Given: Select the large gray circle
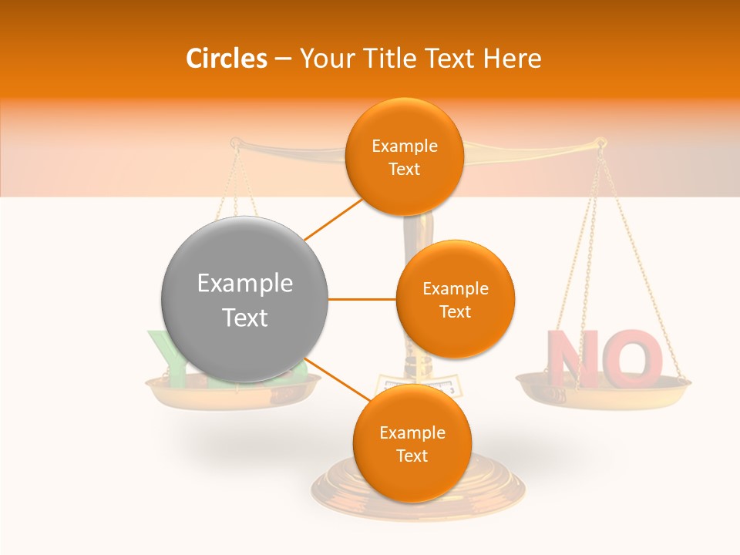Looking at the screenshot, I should (244, 299).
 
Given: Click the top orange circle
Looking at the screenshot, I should (404, 156).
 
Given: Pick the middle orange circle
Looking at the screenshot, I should (455, 299).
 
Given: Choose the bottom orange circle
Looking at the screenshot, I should (412, 443).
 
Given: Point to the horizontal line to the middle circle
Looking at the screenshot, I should (362, 299).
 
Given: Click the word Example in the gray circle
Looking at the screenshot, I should (244, 284).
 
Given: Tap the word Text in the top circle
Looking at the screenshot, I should (404, 169).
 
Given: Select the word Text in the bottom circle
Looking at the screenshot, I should (412, 456).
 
